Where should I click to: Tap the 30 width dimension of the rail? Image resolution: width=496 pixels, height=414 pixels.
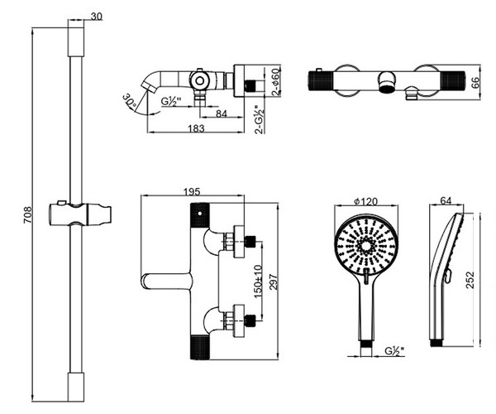tap(97, 17)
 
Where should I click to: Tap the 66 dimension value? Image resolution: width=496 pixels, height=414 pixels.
tap(475, 83)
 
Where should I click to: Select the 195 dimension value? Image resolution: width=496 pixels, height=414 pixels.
tap(191, 192)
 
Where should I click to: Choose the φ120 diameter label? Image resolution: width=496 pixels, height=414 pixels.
tap(366, 202)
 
